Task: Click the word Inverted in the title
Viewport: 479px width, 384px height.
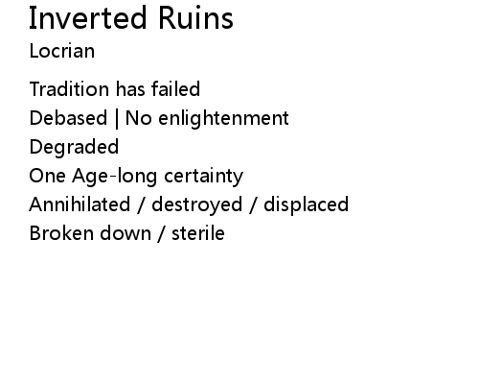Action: pyautogui.click(x=87, y=18)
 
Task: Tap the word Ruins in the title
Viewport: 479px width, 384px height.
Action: pyautogui.click(x=195, y=18)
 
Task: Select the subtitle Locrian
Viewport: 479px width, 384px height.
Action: pyautogui.click(x=62, y=51)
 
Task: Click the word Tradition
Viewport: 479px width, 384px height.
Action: pyautogui.click(x=69, y=89)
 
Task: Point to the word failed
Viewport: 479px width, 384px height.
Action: pyautogui.click(x=175, y=89)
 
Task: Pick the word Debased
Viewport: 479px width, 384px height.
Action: pyautogui.click(x=68, y=118)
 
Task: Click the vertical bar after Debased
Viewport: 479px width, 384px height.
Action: pyautogui.click(x=117, y=119)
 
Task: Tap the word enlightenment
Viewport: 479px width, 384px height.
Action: pyautogui.click(x=223, y=119)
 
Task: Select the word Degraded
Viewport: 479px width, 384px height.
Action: pyautogui.click(x=74, y=148)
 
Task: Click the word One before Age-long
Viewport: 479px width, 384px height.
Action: pyautogui.click(x=47, y=176)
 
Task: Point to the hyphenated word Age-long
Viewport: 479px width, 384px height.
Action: pyautogui.click(x=115, y=177)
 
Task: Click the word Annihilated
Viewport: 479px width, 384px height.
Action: pyautogui.click(x=80, y=204)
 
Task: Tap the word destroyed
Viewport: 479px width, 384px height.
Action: pyautogui.click(x=197, y=205)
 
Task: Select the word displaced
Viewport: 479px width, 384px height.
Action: pyautogui.click(x=306, y=205)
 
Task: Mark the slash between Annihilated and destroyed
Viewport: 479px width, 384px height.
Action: pyautogui.click(x=141, y=205)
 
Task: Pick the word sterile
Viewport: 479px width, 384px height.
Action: pyautogui.click(x=198, y=233)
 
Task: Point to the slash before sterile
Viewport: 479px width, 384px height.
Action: pyautogui.click(x=162, y=234)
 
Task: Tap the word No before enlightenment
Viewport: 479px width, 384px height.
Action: pyautogui.click(x=139, y=118)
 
